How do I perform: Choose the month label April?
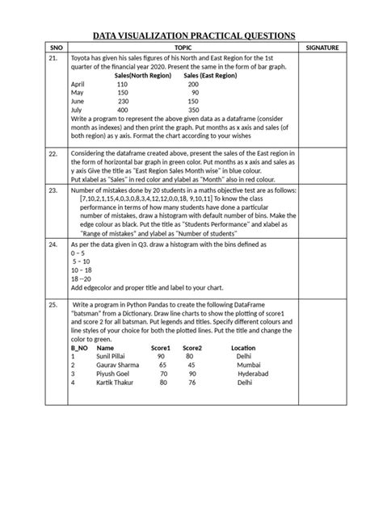coord(78,85)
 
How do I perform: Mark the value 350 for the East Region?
coord(192,110)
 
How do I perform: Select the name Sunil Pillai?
coord(114,355)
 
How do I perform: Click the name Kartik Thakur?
coord(116,382)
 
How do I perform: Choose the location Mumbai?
coord(248,365)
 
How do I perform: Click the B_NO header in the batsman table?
coord(78,348)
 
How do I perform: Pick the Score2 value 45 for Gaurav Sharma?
coord(191,365)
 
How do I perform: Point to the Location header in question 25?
coord(243,348)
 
